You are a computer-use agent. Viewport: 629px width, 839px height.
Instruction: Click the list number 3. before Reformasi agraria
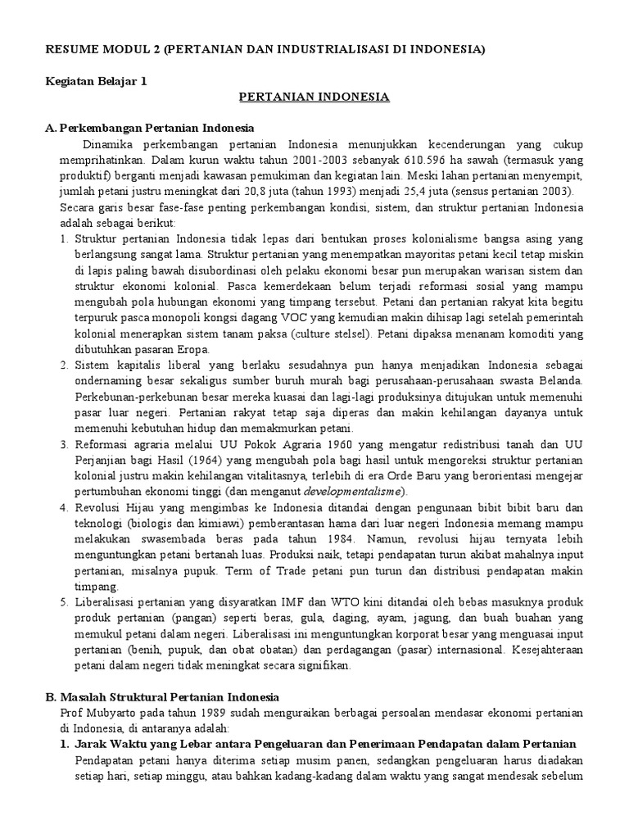[x=65, y=444]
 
